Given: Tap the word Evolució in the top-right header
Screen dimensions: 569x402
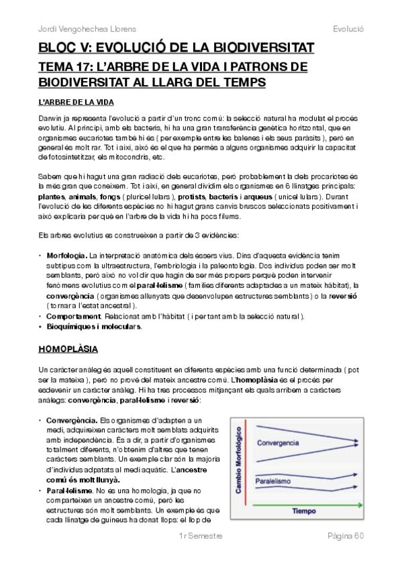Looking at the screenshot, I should (x=348, y=29).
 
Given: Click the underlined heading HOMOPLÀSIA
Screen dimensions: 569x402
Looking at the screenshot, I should (x=68, y=350).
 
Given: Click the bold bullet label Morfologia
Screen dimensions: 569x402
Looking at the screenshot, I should (x=66, y=256).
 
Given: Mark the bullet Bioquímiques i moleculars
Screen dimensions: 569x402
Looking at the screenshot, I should (x=93, y=326).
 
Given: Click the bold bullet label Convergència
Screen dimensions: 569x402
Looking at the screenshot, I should (x=68, y=420).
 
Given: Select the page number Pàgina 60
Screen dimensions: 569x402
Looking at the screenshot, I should (x=345, y=556).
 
